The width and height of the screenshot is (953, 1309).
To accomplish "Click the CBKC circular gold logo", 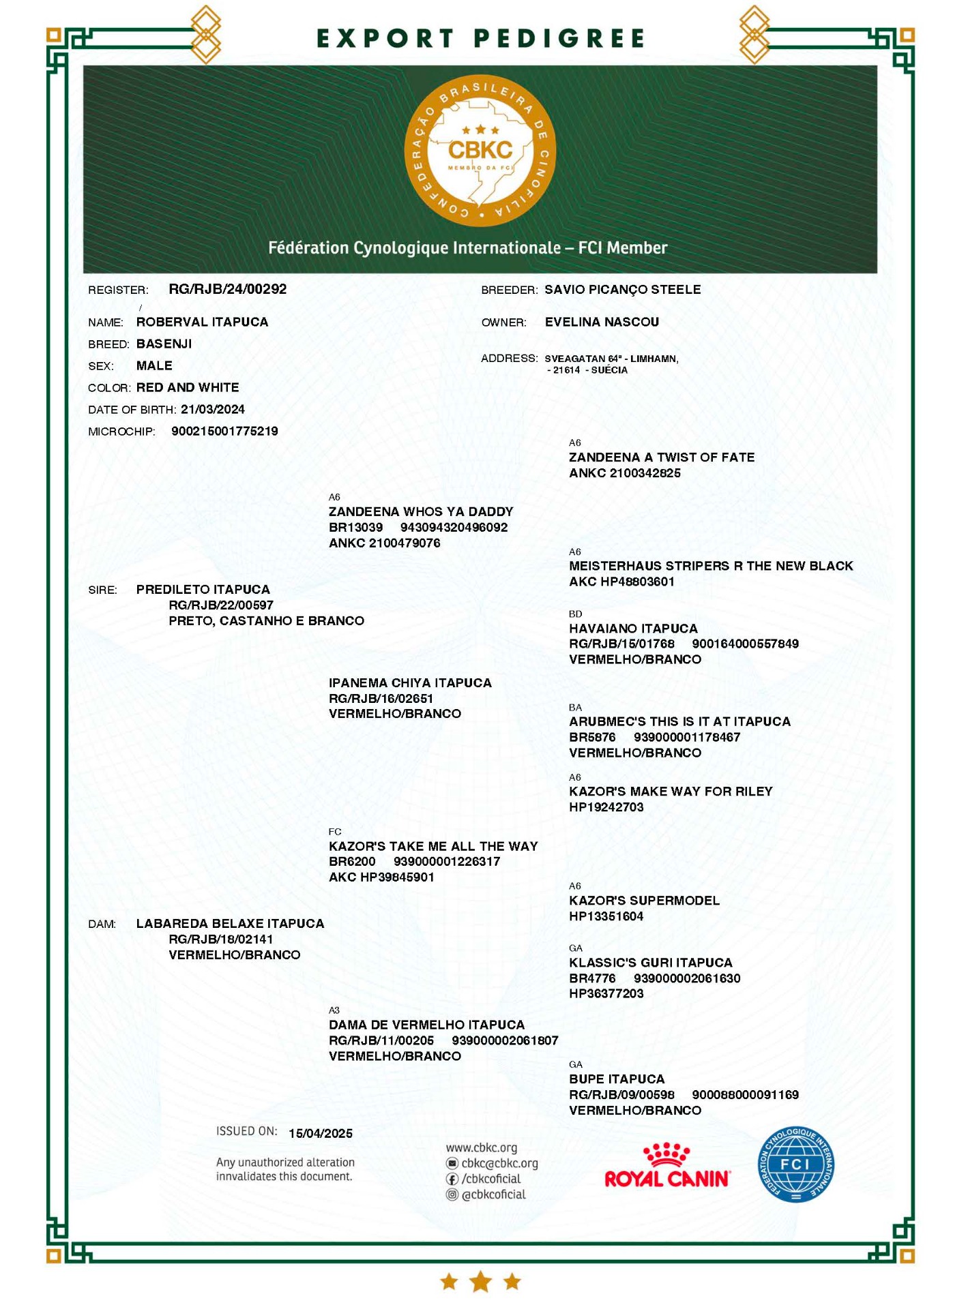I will pyautogui.click(x=480, y=151).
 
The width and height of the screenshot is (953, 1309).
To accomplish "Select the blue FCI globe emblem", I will pyautogui.click(x=795, y=1164).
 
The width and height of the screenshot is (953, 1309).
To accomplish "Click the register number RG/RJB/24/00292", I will pyautogui.click(x=227, y=289).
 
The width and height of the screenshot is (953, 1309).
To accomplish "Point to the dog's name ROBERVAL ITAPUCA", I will pyautogui.click(x=202, y=322).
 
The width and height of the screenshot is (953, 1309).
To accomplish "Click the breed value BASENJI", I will pyautogui.click(x=164, y=344).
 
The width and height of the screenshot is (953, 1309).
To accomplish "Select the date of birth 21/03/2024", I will pyautogui.click(x=212, y=409).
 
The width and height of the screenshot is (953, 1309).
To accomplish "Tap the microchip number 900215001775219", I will pyautogui.click(x=224, y=431).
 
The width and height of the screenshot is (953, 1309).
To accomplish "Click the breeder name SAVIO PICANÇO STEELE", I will pyautogui.click(x=622, y=289).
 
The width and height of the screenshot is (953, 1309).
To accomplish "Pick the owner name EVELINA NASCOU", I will pyautogui.click(x=601, y=322).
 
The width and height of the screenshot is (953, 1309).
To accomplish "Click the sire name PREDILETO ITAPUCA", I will pyautogui.click(x=203, y=589).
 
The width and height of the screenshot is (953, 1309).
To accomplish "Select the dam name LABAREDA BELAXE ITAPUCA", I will pyautogui.click(x=230, y=923).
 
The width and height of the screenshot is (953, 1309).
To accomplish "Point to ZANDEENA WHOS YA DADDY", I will pyautogui.click(x=420, y=511).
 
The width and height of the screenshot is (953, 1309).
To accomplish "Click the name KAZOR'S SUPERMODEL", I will pyautogui.click(x=644, y=900).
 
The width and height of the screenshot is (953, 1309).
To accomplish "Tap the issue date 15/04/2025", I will pyautogui.click(x=320, y=1133).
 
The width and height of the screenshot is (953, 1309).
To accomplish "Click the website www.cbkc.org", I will pyautogui.click(x=481, y=1147).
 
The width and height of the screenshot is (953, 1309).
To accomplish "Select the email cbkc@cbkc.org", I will pyautogui.click(x=499, y=1163).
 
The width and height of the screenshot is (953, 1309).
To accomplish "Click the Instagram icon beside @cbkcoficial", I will pyautogui.click(x=452, y=1194).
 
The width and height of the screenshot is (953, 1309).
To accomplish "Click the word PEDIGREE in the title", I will pyautogui.click(x=559, y=38).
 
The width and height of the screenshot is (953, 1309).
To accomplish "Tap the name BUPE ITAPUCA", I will pyautogui.click(x=616, y=1079).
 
